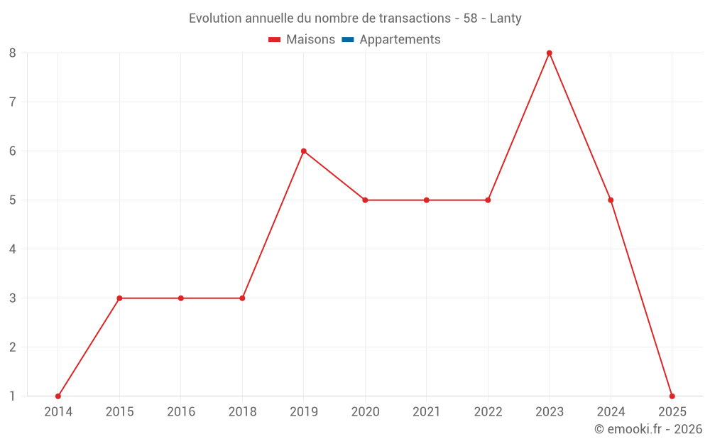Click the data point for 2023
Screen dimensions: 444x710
point(550,53)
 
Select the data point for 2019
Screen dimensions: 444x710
point(304,151)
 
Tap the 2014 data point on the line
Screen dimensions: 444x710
point(58,396)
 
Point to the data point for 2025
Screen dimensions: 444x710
point(672,396)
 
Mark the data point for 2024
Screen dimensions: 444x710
point(611,200)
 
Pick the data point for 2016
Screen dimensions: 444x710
point(181,298)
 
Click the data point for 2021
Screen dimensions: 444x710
point(427,200)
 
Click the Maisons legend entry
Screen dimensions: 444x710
point(302,40)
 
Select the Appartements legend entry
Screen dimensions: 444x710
point(391,40)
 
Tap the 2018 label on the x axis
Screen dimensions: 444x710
point(242,411)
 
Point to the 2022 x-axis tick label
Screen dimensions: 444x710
point(488,411)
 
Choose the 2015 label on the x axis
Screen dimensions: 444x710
point(119,411)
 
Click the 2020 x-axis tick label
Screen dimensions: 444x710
point(365,411)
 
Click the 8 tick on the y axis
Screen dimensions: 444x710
point(13,53)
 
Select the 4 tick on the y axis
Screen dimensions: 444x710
point(13,249)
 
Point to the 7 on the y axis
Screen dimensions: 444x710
point(13,102)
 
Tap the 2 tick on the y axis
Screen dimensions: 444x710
point(13,347)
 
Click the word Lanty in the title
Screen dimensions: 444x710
point(506,18)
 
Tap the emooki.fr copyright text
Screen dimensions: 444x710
point(648,429)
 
